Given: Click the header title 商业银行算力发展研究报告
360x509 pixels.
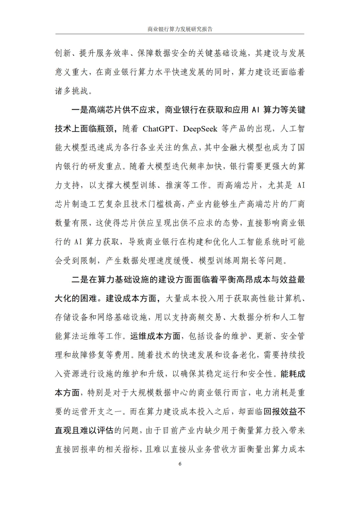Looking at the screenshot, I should coord(180,29).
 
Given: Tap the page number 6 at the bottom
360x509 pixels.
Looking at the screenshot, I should coord(180,464).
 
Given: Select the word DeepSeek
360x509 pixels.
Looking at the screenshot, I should coord(200,129).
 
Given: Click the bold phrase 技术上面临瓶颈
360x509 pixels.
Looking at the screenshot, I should coord(84,129).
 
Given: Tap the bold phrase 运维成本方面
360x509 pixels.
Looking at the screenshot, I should coord(155,336).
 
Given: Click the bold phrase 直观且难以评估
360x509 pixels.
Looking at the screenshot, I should coord(84,430).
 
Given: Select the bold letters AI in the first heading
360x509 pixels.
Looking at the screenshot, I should coord(255,110).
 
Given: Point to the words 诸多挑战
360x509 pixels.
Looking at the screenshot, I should coord(72,91).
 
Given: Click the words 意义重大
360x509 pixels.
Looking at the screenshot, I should coord(72,72).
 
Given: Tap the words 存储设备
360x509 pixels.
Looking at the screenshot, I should coord(72,317).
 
